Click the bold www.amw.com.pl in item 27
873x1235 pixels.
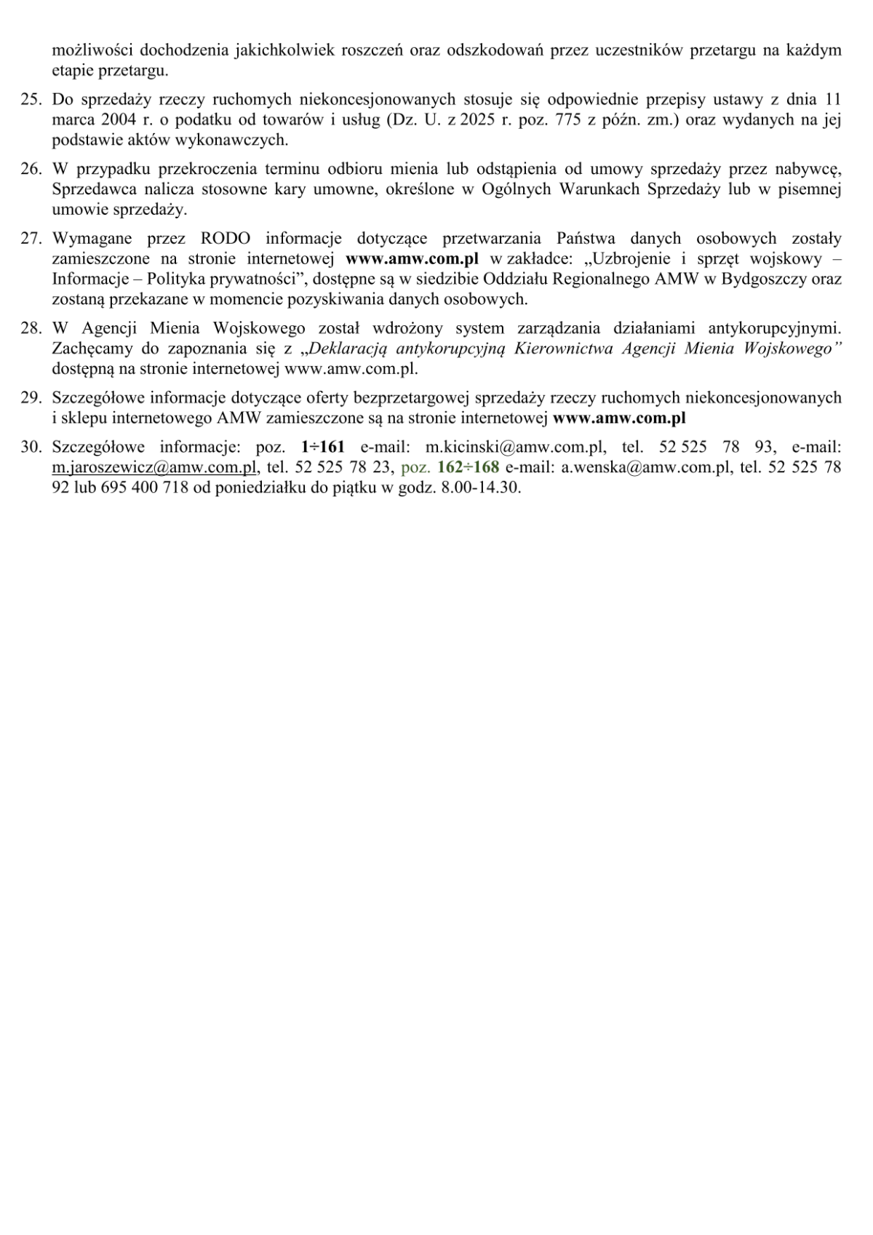coord(412,259)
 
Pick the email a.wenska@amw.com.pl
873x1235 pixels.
coord(645,468)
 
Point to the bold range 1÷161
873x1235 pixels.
coord(322,448)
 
